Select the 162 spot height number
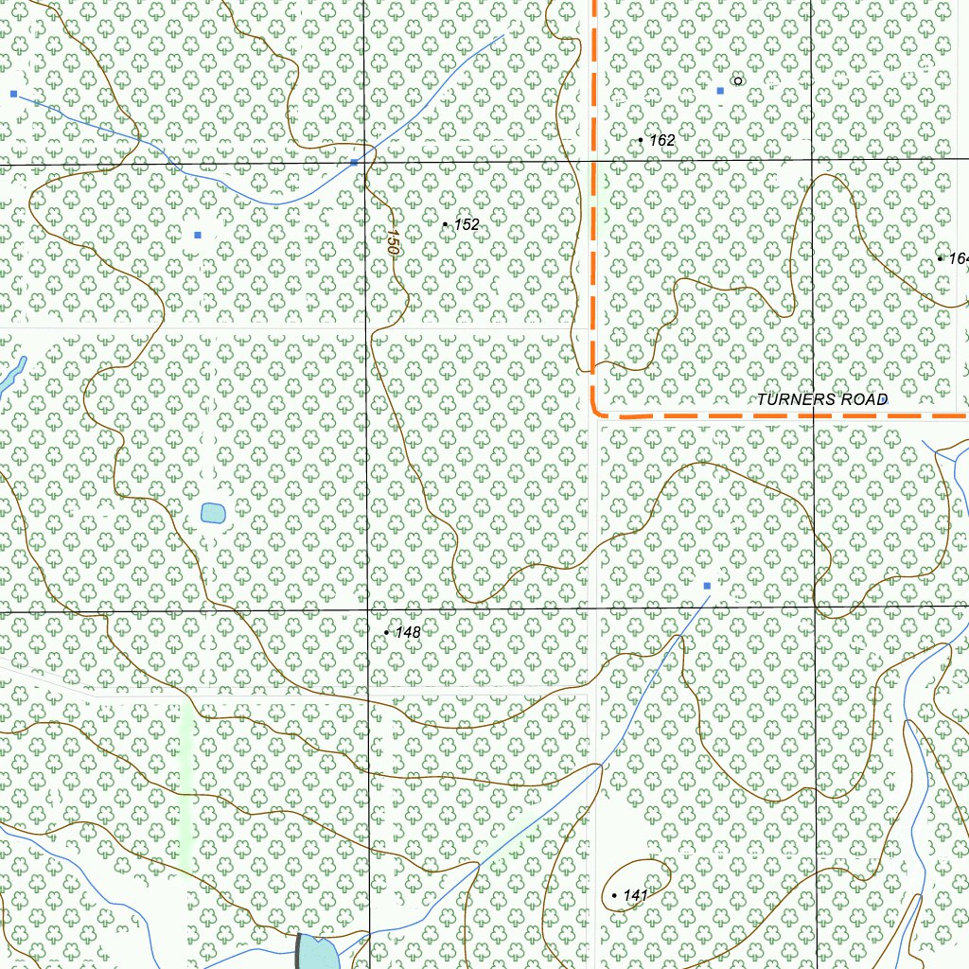662,140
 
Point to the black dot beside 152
446,224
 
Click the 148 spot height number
408,632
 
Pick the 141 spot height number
635,895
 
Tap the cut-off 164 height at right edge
958,258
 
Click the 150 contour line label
391,240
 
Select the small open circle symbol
738,81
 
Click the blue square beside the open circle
720,90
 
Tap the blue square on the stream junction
354,163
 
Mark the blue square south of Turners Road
707,586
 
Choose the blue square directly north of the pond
197,235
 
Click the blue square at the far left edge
13,94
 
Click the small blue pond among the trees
213,514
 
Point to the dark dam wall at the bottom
299,950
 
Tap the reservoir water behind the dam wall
320,954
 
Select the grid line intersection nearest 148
368,610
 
